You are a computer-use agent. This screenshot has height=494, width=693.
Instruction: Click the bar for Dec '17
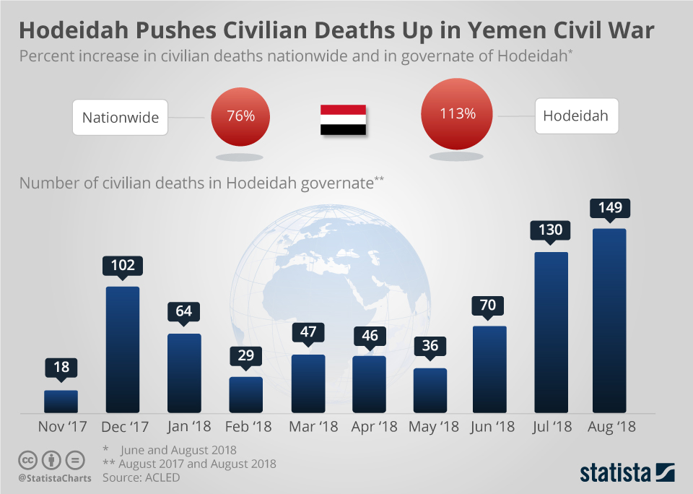point(123,350)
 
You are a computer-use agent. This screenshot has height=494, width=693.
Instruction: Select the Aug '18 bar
point(609,321)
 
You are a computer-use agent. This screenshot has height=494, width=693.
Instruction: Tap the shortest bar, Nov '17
point(61,402)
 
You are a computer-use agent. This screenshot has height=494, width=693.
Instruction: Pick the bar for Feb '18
point(245,394)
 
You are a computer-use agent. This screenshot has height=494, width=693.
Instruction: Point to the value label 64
point(184,312)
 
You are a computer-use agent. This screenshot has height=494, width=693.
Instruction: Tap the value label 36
point(430,346)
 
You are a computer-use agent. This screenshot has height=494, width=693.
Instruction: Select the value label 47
point(308,333)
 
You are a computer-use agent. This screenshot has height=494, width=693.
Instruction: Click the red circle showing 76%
point(240,116)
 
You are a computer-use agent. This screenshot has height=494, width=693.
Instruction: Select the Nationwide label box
point(120,117)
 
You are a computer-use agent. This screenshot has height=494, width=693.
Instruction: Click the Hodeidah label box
point(576,116)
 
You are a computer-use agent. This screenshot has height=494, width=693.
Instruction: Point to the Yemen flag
point(343,121)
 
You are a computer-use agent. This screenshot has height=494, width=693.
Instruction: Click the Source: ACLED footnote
point(141,477)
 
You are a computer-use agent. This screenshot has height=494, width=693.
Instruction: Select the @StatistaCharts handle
point(55,479)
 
